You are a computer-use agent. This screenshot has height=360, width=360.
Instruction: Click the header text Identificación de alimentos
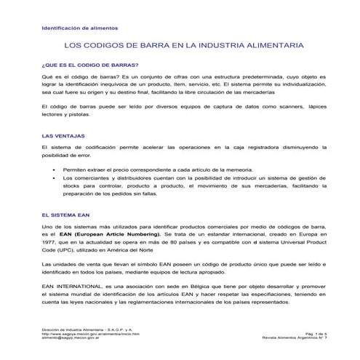[x=71, y=29]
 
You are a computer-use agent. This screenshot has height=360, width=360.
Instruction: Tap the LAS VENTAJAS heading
[x=63, y=135]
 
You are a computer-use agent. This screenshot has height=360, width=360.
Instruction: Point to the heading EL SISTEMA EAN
[x=65, y=216]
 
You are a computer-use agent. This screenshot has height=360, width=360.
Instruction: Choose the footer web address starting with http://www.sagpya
[x=89, y=333]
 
